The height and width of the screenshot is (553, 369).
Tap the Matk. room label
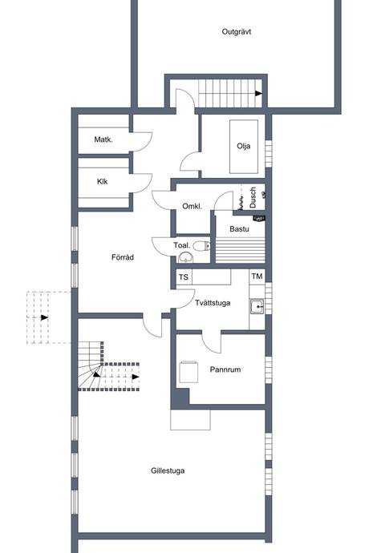(103, 139)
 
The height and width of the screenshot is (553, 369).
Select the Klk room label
(102, 181)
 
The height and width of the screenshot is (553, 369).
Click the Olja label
(244, 146)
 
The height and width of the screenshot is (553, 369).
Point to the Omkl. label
(192, 206)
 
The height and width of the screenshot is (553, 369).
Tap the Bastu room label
(239, 229)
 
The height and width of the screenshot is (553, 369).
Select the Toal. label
(181, 245)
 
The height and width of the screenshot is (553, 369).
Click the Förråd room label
(122, 257)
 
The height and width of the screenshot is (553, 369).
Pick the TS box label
(184, 277)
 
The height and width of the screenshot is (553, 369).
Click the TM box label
(257, 276)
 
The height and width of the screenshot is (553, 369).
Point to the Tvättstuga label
(213, 303)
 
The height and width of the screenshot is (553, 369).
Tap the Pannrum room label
(226, 370)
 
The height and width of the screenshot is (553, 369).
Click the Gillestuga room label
(167, 470)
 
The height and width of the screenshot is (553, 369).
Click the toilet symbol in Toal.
(186, 257)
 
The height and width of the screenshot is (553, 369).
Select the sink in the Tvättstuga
(257, 305)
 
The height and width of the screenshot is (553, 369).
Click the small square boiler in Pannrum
(189, 371)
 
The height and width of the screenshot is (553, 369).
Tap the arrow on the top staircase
(257, 93)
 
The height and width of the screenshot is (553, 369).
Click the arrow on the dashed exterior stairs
(45, 317)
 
